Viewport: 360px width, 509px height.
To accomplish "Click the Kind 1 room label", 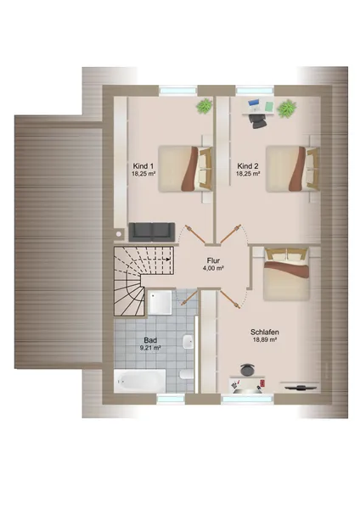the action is (x=143, y=166).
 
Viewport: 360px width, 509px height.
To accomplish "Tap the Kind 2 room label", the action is (x=248, y=166).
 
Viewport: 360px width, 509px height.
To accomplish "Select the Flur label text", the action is (x=213, y=260).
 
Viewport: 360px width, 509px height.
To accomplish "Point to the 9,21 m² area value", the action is (x=150, y=348).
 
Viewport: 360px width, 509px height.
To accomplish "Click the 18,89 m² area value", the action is (x=264, y=340).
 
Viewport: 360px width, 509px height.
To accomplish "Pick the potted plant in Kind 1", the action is (x=205, y=106).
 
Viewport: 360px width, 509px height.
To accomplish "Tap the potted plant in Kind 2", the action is (x=287, y=109).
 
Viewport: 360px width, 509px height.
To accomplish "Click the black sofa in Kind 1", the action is (x=152, y=232).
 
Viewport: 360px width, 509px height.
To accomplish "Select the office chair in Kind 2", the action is (x=258, y=121).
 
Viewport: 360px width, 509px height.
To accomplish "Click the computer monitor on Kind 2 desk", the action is (x=253, y=103).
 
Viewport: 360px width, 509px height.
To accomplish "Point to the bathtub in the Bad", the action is (x=140, y=380).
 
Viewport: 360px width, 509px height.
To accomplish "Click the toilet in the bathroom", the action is (x=186, y=375).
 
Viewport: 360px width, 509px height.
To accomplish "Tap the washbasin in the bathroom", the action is (x=188, y=342).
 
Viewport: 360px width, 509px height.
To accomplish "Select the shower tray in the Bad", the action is (x=160, y=302).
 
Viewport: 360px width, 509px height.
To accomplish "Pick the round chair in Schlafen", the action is (x=248, y=369).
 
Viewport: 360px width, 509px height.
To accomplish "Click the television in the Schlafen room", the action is (x=299, y=386).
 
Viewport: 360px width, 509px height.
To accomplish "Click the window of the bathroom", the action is (x=171, y=399).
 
